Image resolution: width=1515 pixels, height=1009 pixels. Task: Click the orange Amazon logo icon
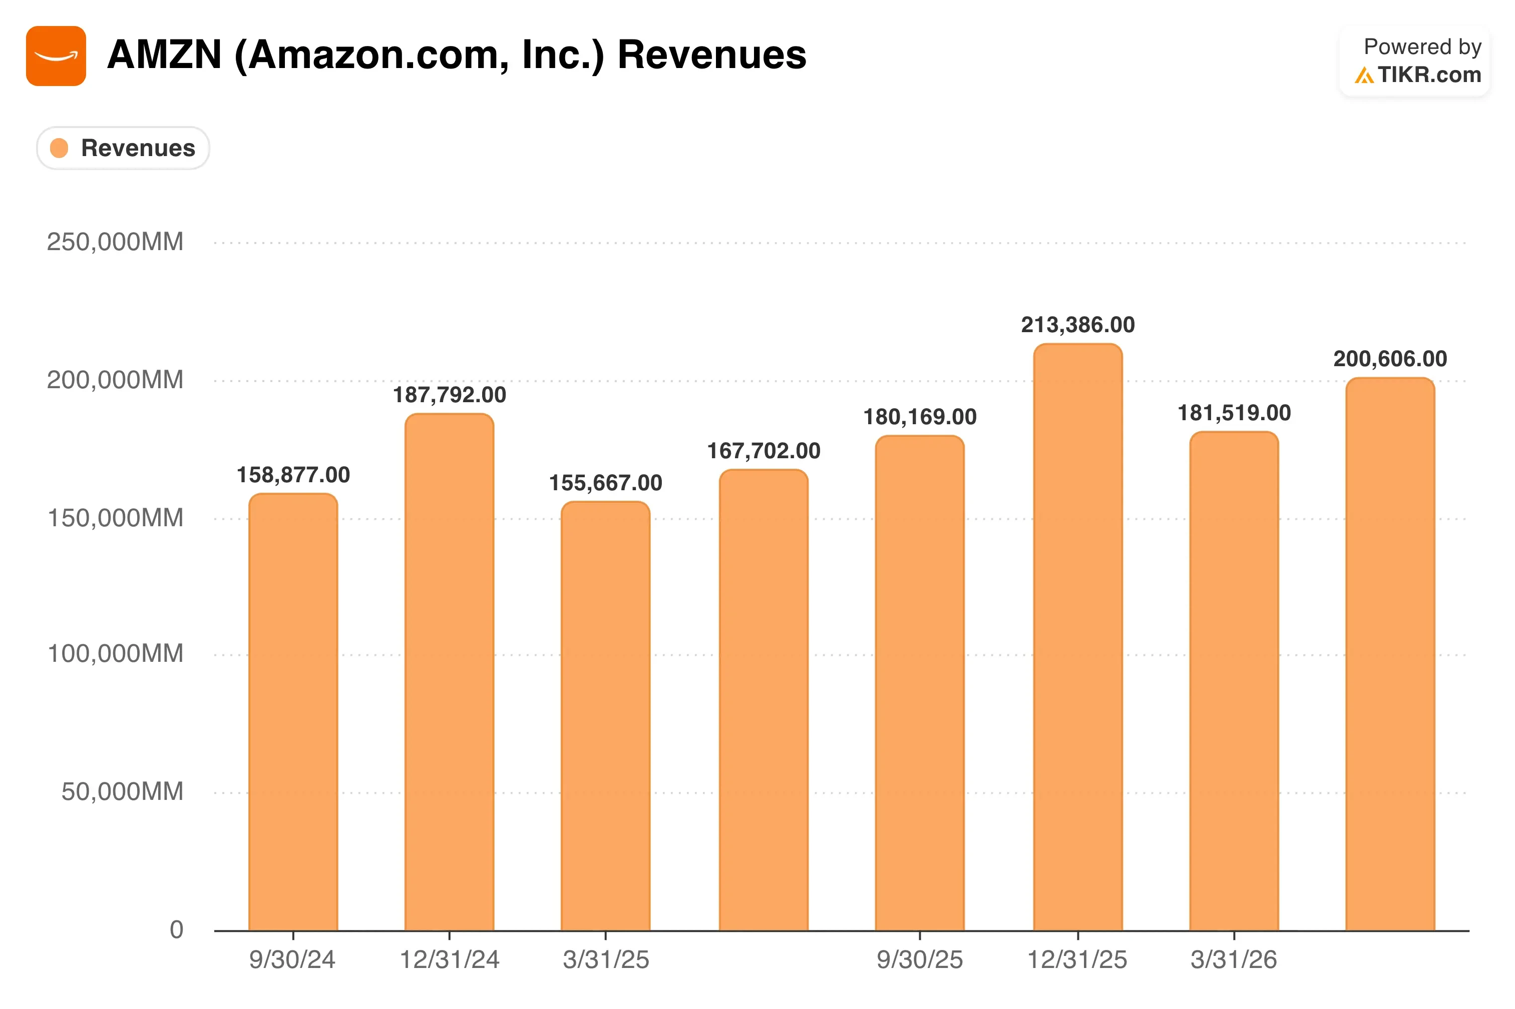[56, 56]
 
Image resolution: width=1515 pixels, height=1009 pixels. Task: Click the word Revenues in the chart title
[711, 55]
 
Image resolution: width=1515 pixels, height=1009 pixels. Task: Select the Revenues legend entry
[123, 148]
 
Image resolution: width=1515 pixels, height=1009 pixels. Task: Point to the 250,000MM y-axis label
[115, 242]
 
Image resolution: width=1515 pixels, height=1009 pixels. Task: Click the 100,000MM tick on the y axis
[116, 654]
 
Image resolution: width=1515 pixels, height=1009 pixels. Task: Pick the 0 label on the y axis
[176, 930]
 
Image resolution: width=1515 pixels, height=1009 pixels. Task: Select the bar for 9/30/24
[293, 712]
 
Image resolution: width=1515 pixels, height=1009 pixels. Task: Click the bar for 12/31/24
[450, 672]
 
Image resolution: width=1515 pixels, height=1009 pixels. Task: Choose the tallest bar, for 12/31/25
[1078, 637]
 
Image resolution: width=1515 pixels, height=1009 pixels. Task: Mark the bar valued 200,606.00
[1390, 654]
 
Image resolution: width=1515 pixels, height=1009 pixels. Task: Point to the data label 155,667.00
[605, 483]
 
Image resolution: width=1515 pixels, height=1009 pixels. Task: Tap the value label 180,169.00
[920, 417]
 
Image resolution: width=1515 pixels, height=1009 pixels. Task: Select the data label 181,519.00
[1234, 413]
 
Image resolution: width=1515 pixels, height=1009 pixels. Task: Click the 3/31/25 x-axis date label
[606, 960]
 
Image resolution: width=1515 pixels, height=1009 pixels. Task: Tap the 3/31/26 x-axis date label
[1234, 960]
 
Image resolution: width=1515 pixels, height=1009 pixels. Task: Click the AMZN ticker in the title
[165, 55]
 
